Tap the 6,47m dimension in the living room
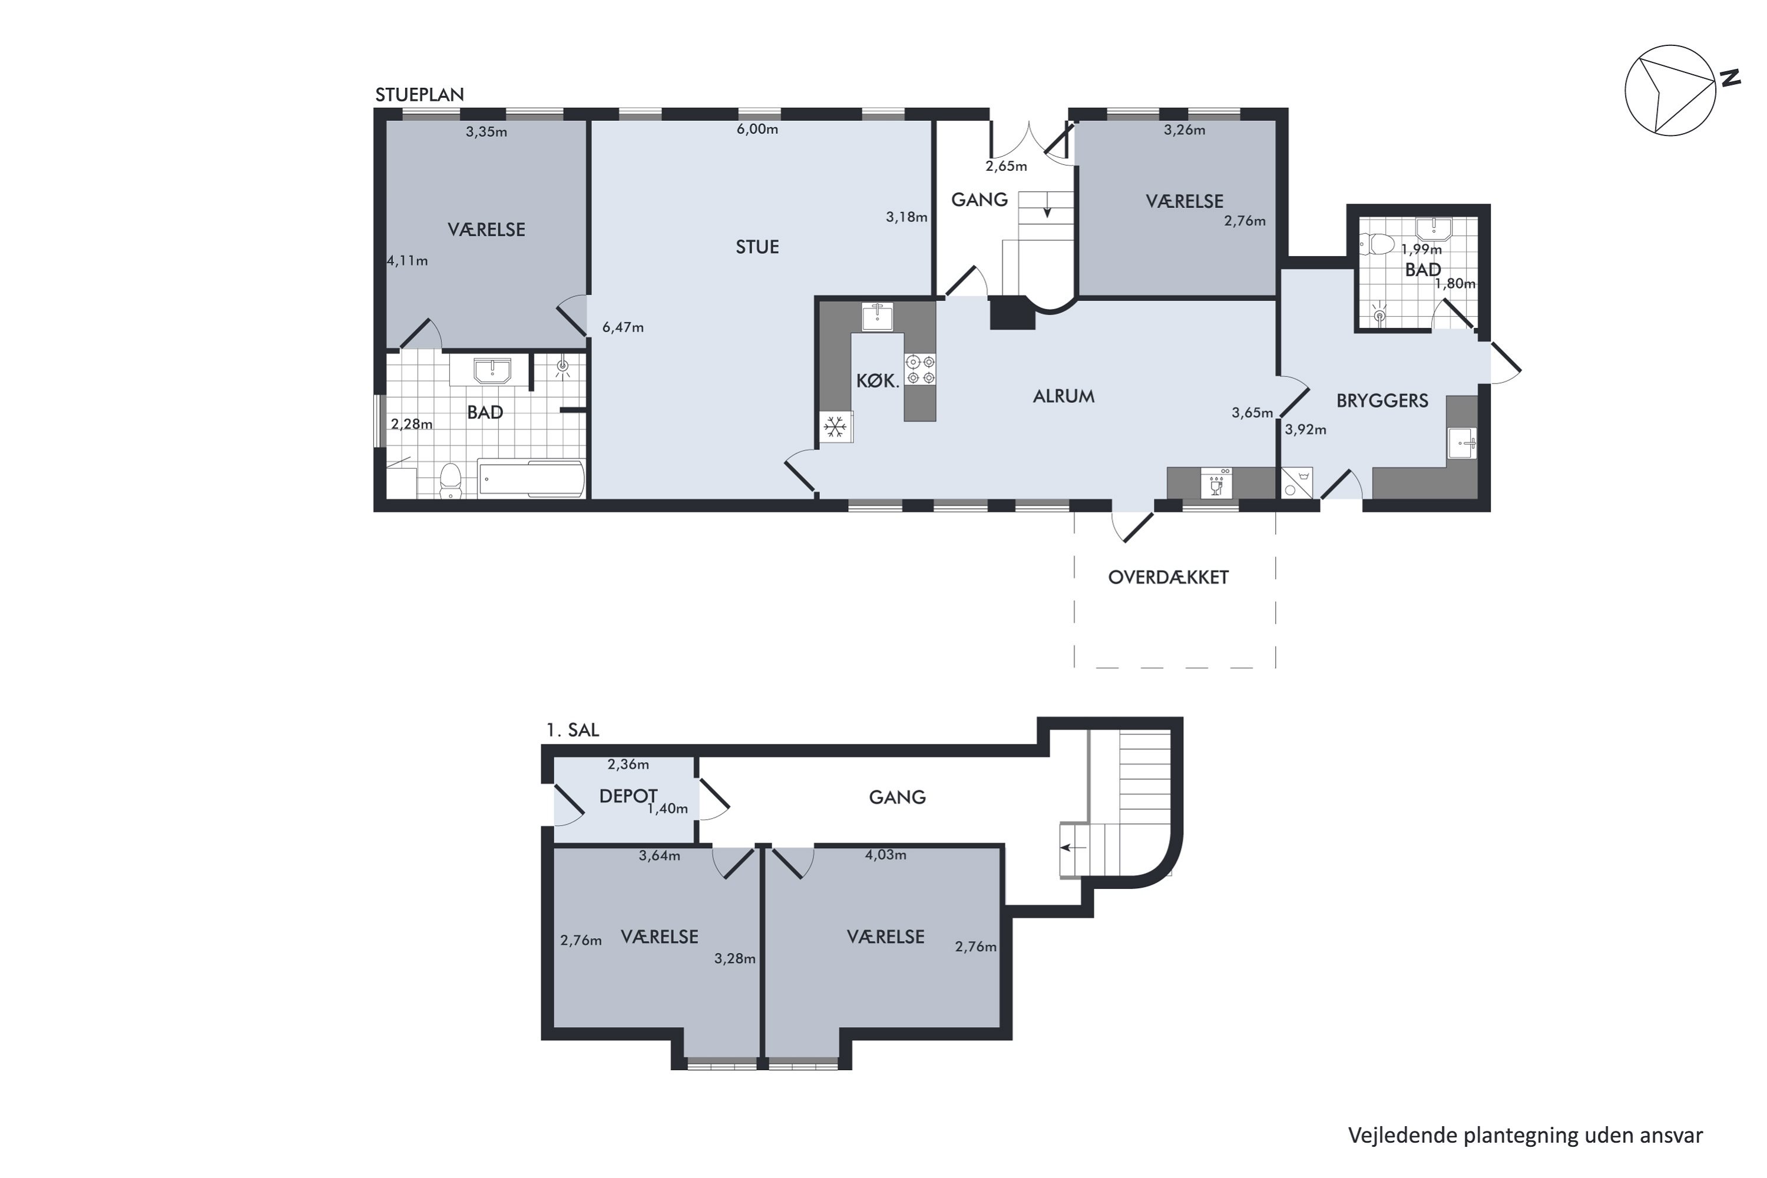[623, 327]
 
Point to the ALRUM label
[1063, 396]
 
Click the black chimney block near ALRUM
[1012, 313]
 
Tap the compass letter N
[1731, 78]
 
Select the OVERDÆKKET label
[1168, 577]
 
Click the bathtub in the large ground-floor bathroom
[531, 478]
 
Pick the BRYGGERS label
[1382, 401]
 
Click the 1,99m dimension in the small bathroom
[1421, 249]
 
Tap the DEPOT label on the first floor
[628, 796]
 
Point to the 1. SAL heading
[573, 730]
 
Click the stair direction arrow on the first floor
[1073, 848]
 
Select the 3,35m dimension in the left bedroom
[486, 131]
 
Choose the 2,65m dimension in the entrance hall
[1006, 166]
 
